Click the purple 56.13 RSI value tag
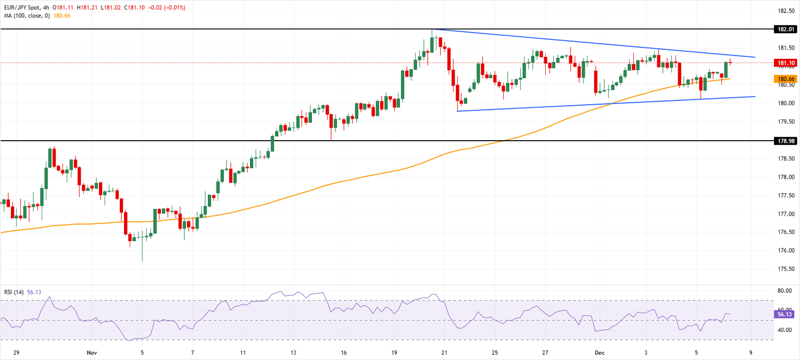pyautogui.click(x=785, y=315)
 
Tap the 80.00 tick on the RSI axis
pyautogui.click(x=785, y=291)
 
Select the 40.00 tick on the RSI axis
pyautogui.click(x=785, y=330)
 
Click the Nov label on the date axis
pyautogui.click(x=91, y=352)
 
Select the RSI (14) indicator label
pyautogui.click(x=14, y=292)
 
